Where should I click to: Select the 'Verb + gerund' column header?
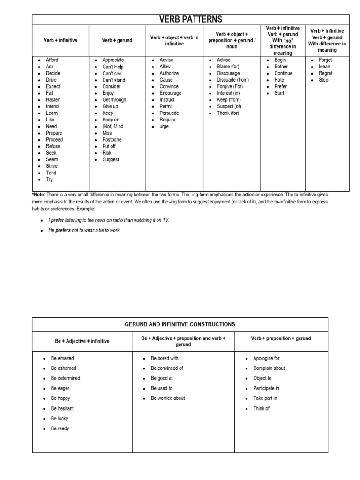117,41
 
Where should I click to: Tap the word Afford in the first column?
52,60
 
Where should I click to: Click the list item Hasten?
53,100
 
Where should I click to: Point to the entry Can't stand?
114,80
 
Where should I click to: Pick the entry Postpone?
112,140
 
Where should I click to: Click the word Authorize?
170,74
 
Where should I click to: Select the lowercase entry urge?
165,127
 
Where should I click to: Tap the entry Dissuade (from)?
233,80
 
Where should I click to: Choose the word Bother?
281,67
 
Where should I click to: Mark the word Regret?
326,74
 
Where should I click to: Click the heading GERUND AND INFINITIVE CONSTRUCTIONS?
180,324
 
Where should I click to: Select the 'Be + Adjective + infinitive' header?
82,341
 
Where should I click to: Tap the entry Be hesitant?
62,408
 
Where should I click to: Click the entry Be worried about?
168,398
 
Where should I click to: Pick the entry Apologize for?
266,358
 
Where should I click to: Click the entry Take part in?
265,398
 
